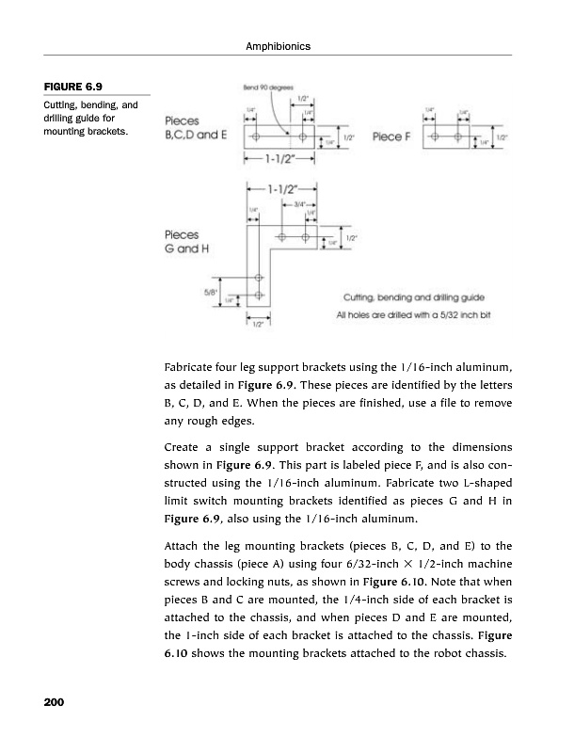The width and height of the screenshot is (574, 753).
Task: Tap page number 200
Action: [x=53, y=703]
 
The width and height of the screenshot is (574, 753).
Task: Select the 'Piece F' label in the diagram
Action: [x=391, y=137]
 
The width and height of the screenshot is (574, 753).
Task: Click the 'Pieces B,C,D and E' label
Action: [x=196, y=128]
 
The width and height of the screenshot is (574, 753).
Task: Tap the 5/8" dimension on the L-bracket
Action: [x=211, y=291]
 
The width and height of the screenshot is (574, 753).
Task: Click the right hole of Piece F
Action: [x=458, y=137]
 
